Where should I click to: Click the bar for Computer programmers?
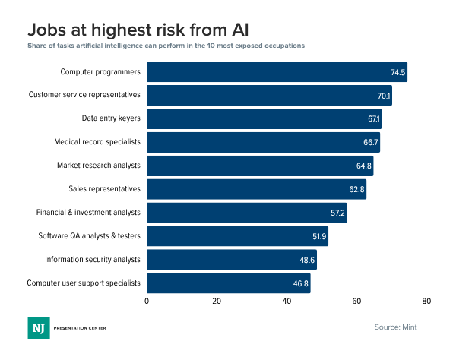click(x=277, y=72)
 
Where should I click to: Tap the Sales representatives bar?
click(x=256, y=189)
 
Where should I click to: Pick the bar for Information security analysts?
click(x=231, y=260)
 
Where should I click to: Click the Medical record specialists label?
click(x=97, y=142)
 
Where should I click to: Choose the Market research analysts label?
click(x=99, y=166)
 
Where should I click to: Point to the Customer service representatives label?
click(x=84, y=95)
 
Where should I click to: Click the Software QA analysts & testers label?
click(x=90, y=236)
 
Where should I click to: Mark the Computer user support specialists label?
click(x=84, y=283)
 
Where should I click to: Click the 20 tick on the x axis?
click(x=217, y=302)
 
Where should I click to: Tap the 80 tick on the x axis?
click(x=427, y=302)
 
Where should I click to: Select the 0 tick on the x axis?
click(x=147, y=302)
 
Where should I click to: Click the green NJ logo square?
click(x=37, y=327)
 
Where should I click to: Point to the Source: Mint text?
click(x=395, y=327)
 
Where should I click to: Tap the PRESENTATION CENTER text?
click(x=79, y=327)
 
